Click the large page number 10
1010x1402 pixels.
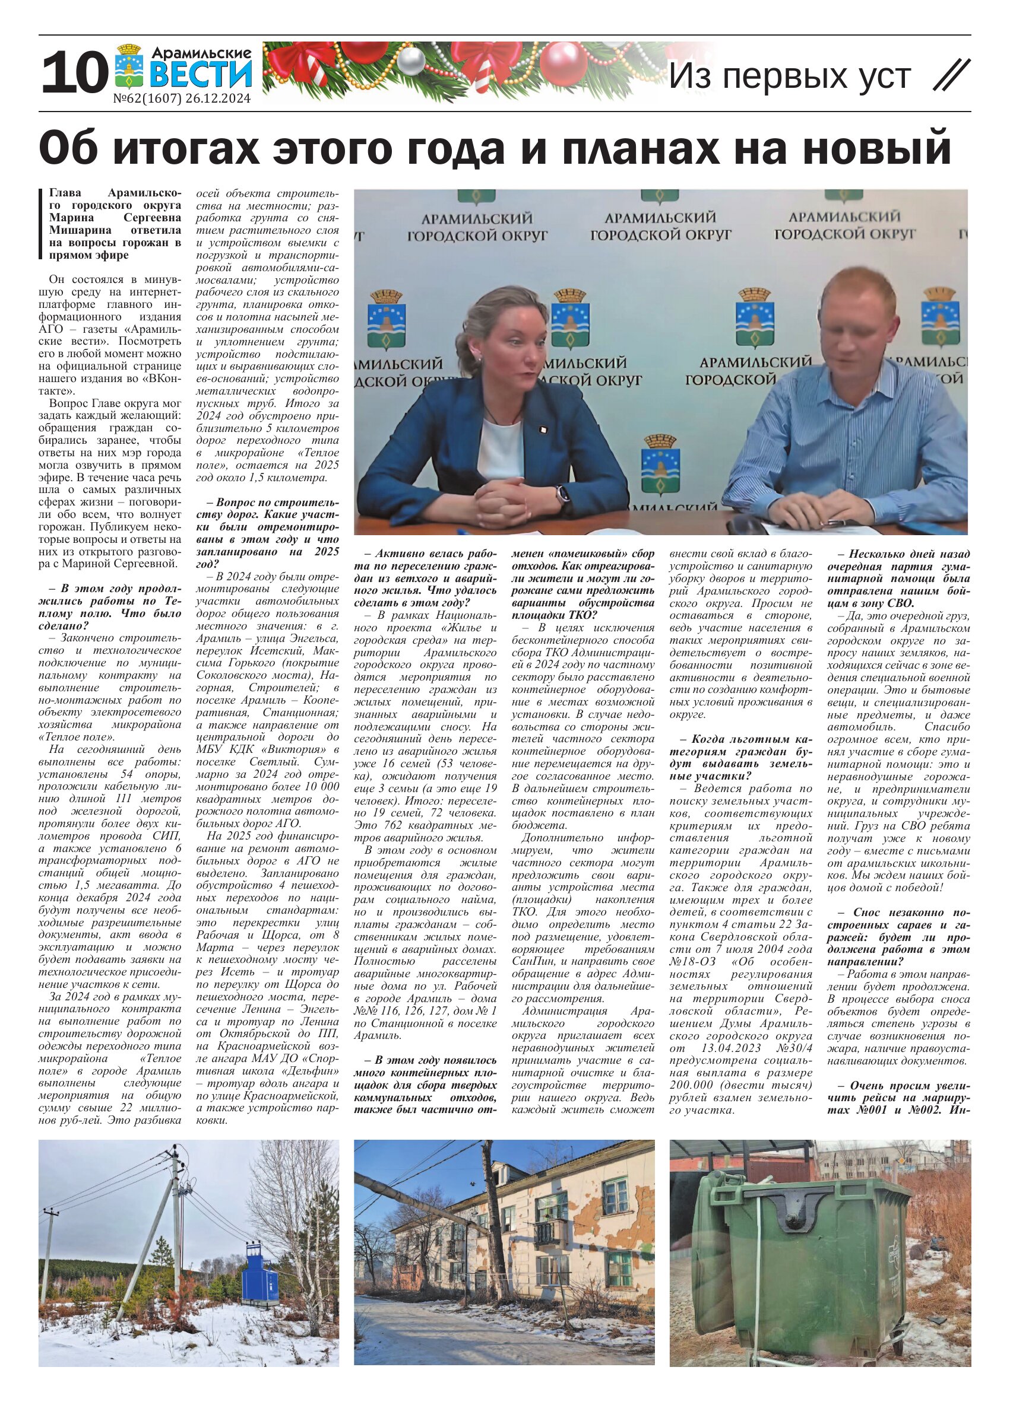click(71, 73)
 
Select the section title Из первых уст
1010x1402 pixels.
click(790, 76)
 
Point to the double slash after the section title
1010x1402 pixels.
click(951, 76)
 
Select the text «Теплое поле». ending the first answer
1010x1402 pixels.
click(80, 737)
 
